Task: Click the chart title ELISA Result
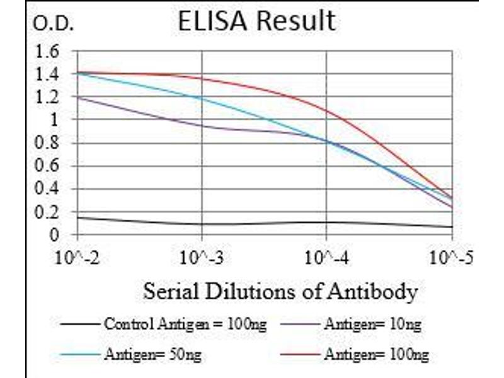tap(256, 21)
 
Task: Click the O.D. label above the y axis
tap(53, 25)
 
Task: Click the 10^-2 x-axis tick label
tap(77, 258)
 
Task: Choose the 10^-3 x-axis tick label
tap(202, 258)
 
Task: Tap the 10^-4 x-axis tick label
tap(326, 258)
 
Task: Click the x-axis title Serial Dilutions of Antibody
tap(280, 292)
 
